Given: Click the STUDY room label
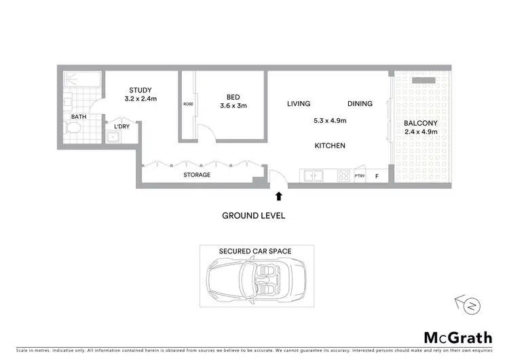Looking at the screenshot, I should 140,90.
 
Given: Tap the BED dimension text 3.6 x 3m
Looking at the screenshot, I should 233,105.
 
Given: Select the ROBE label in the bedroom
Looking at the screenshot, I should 188,104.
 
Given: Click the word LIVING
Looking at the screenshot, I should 298,104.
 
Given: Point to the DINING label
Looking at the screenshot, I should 360,104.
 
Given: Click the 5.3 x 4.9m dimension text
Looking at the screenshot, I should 330,121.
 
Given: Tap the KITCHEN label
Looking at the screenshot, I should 330,146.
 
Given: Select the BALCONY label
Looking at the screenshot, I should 418,124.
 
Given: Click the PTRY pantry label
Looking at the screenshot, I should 360,177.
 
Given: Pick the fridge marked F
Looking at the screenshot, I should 378,177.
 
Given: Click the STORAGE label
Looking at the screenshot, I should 196,175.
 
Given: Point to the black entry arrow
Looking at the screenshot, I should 278,196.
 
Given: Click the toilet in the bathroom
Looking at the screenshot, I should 75,128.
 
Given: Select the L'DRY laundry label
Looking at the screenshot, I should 121,126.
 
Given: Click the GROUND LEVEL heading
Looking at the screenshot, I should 254,216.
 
